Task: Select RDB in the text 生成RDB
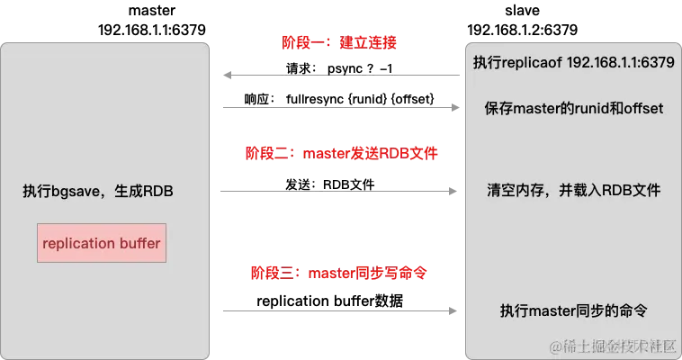pos(158,192)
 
